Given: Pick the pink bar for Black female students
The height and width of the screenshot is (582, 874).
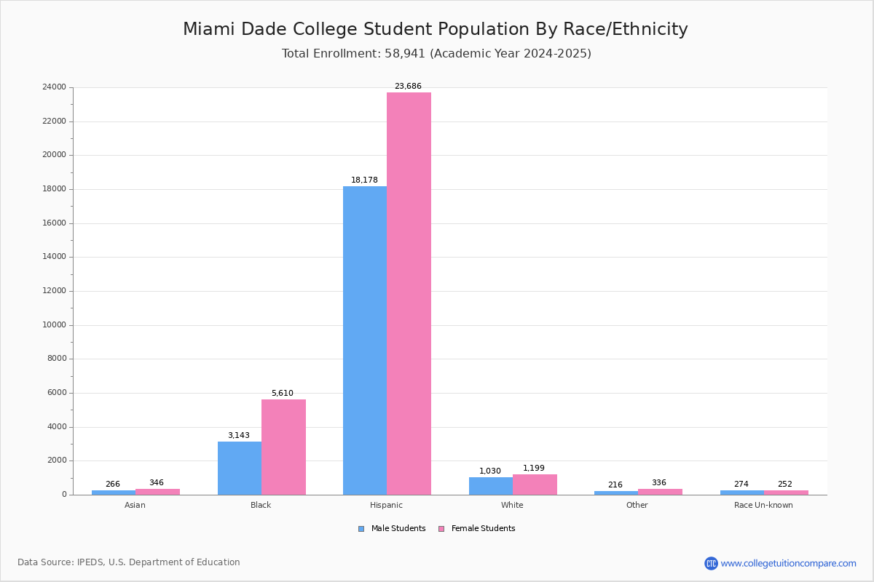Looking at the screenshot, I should coord(283,447).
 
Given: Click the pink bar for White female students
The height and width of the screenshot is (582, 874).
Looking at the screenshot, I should coord(535,485).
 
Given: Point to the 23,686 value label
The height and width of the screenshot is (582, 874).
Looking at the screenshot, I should coord(408,87).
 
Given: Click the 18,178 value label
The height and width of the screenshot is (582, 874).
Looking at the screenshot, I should coord(364,180).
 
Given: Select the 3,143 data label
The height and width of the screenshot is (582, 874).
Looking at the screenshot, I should coord(238,436).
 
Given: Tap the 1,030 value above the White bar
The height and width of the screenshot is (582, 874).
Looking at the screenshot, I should coord(490,471).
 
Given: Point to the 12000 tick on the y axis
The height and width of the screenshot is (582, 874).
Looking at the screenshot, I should coord(55,291).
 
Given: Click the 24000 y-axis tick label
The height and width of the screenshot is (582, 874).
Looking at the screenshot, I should coord(55,87).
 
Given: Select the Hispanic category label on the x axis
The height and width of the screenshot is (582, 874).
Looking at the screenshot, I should coord(386,506).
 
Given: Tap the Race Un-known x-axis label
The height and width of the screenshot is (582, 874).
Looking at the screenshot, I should coord(763,506).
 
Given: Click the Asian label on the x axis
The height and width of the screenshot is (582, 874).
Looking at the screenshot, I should coord(135,506).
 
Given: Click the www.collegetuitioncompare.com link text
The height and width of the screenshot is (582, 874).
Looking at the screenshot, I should coord(788,564).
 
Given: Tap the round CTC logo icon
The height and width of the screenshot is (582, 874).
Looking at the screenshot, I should coord(711,564).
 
